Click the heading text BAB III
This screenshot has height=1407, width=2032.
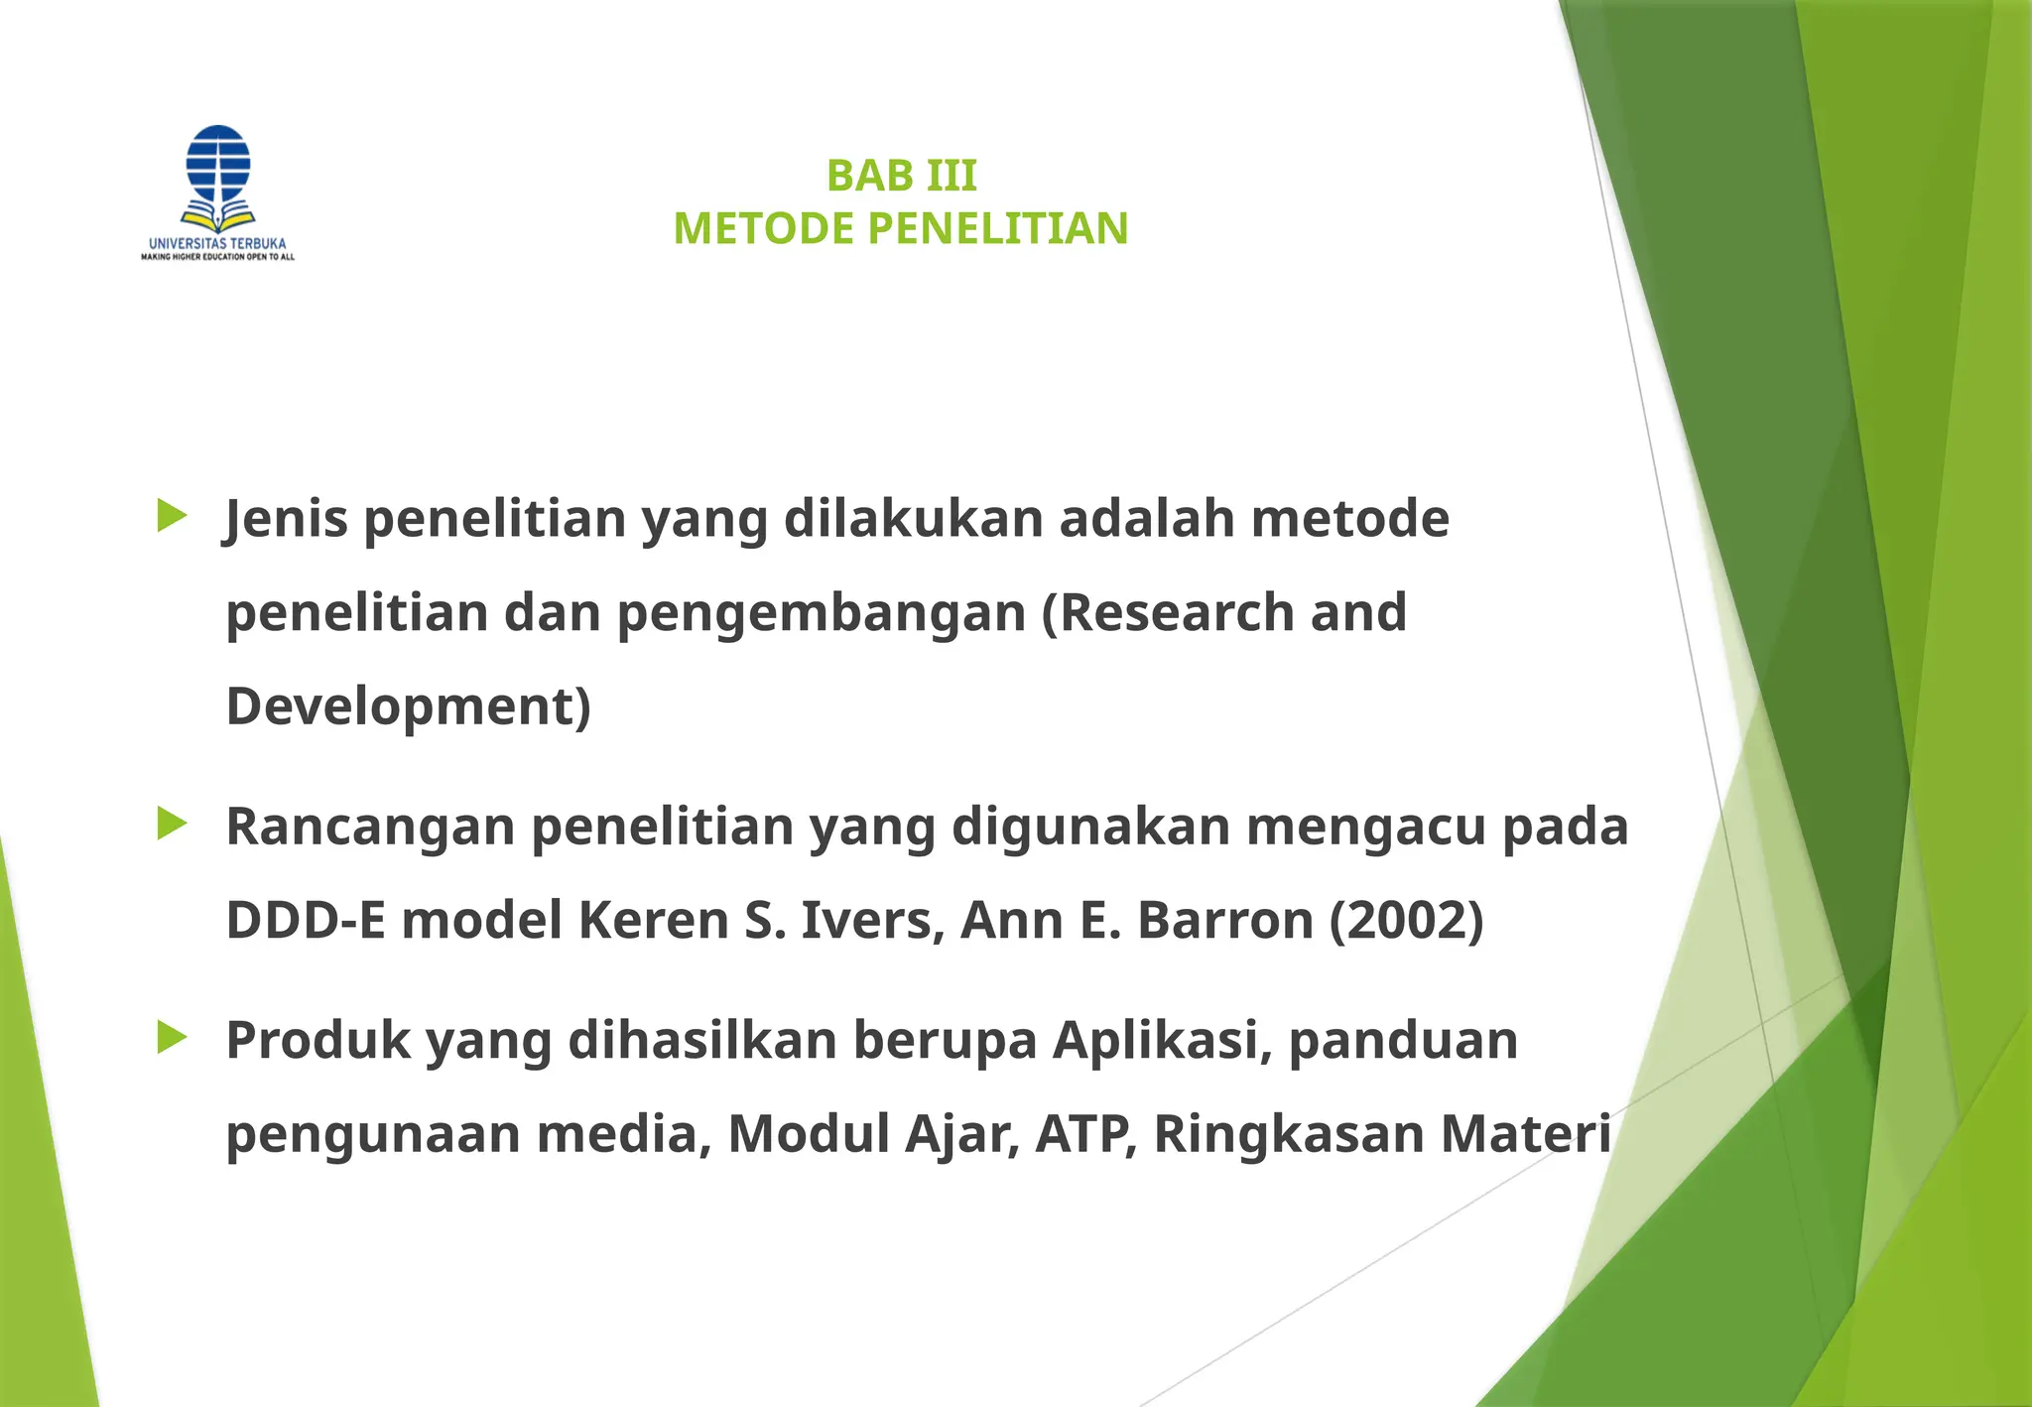pyautogui.click(x=901, y=177)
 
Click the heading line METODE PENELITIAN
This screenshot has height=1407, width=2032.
pyautogui.click(x=901, y=229)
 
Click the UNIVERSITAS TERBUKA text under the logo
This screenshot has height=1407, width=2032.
pyautogui.click(x=217, y=243)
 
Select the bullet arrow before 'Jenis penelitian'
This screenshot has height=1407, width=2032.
pyautogui.click(x=172, y=516)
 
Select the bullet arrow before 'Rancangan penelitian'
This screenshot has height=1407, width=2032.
pyautogui.click(x=172, y=824)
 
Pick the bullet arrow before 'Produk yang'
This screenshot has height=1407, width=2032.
pyautogui.click(x=172, y=1038)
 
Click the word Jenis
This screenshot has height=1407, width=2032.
pyautogui.click(x=287, y=519)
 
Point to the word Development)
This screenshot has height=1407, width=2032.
pyautogui.click(x=408, y=706)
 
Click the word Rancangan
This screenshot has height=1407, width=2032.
pyautogui.click(x=370, y=827)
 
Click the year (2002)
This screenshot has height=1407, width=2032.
pyautogui.click(x=1406, y=920)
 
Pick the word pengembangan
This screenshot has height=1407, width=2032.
pyautogui.click(x=822, y=614)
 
